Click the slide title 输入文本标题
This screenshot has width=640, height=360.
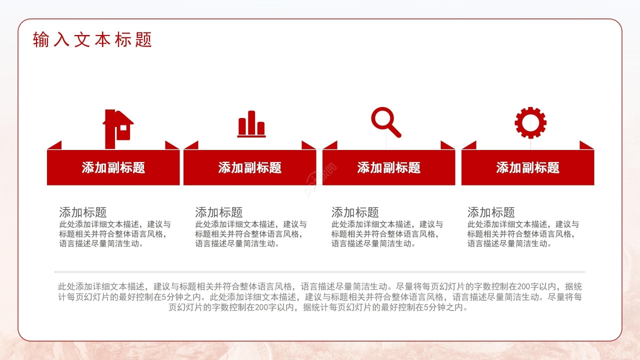(92, 39)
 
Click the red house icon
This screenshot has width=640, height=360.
(118, 129)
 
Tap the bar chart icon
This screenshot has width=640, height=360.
(251, 124)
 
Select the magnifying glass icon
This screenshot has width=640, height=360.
(386, 122)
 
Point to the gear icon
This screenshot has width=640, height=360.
(530, 123)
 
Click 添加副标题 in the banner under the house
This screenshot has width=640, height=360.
(113, 167)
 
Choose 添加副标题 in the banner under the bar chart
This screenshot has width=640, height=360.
(249, 167)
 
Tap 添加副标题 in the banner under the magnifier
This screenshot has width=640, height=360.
(389, 167)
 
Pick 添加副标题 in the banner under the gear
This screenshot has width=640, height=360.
(527, 167)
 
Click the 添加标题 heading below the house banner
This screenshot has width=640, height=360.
(83, 212)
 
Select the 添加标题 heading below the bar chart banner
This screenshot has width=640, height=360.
(219, 212)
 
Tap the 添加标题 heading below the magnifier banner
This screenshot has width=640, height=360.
(355, 212)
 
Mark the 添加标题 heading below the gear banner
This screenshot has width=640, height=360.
(491, 212)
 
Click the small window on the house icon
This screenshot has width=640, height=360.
(123, 127)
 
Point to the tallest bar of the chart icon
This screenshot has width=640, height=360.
(251, 122)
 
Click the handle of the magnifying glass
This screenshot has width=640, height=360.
(394, 130)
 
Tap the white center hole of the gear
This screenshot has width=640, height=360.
(530, 123)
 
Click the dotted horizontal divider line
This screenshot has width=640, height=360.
(320, 272)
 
